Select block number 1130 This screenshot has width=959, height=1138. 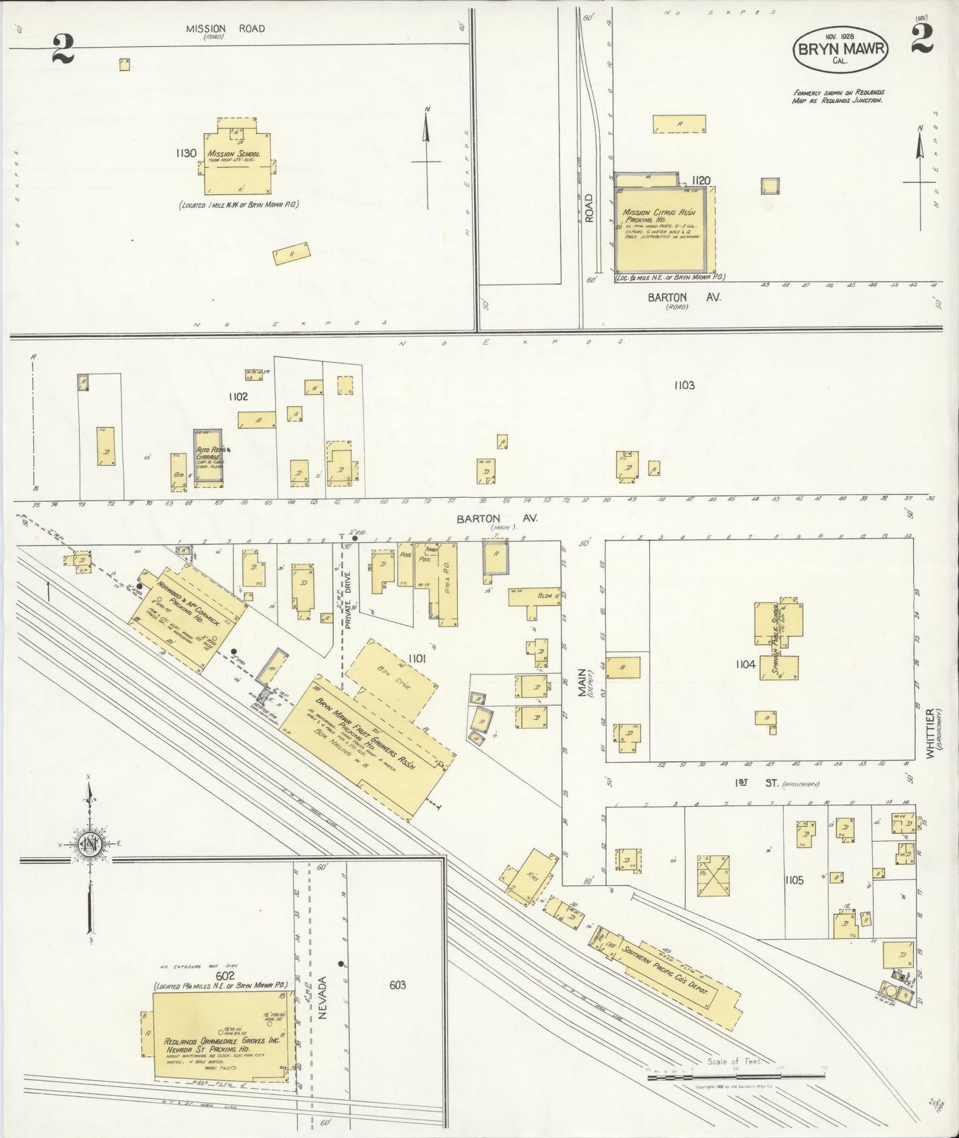186,153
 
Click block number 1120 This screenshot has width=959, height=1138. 701,180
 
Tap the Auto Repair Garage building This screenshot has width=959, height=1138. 208,457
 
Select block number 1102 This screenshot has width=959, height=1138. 238,397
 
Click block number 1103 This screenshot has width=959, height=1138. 684,385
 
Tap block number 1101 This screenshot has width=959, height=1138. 417,659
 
